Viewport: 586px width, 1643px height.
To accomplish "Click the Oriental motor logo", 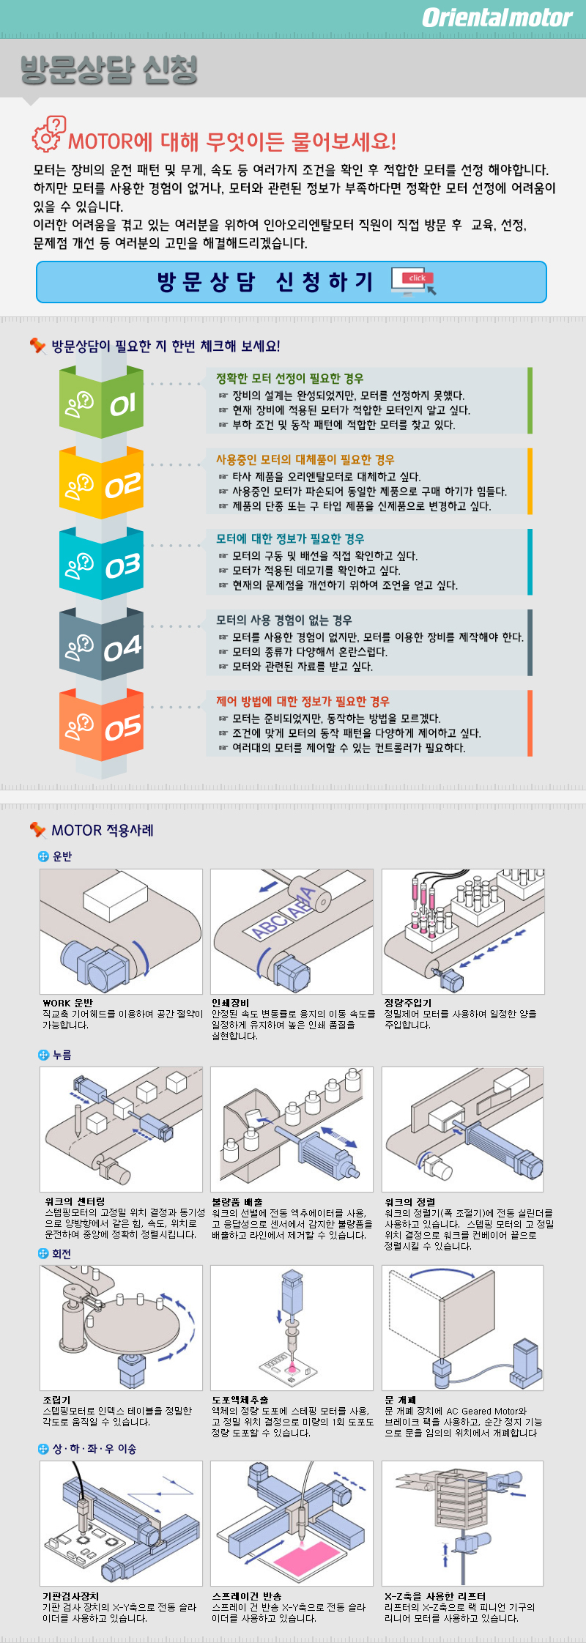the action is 497,18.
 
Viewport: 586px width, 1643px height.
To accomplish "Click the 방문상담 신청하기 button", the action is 292,282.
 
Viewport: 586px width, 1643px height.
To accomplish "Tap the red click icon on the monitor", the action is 418,278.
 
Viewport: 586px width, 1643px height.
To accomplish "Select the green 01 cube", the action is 101,402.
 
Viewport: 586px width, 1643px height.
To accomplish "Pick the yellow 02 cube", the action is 101,483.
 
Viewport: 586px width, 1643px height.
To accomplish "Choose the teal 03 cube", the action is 101,564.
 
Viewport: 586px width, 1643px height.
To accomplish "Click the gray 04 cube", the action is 101,645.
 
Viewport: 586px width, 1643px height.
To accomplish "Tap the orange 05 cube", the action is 101,726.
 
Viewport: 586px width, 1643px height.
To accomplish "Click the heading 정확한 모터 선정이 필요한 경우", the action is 289,379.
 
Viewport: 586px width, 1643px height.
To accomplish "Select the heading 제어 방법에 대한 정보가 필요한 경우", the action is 303,701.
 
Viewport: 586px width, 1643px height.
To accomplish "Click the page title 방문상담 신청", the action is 109,70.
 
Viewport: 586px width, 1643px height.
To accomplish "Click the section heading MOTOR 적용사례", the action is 103,830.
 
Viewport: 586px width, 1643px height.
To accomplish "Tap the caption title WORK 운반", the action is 67,1003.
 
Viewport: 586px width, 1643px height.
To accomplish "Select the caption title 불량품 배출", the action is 237,1202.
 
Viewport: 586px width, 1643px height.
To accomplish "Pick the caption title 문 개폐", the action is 400,1400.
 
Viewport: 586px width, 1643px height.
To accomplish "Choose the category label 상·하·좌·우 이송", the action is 94,1449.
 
